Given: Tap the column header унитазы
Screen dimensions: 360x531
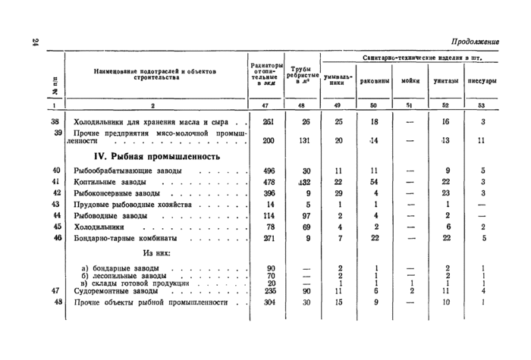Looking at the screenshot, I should (x=445, y=78).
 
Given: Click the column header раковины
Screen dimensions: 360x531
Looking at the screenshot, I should (x=375, y=78).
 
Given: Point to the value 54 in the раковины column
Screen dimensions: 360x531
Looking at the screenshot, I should (x=375, y=182).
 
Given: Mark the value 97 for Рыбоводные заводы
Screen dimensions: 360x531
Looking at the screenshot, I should (x=306, y=216).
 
